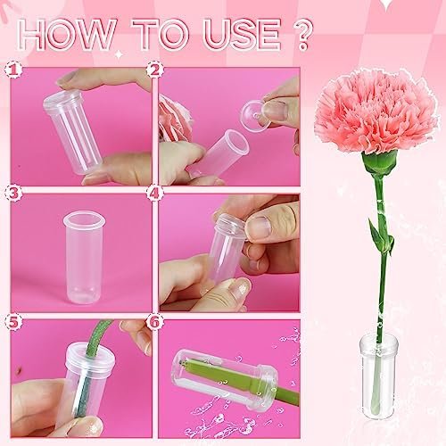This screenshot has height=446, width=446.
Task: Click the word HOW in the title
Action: point(66,34)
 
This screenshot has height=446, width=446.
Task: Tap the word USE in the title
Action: point(242,34)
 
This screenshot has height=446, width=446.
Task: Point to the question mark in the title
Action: point(302,34)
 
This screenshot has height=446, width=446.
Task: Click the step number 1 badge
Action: point(13,70)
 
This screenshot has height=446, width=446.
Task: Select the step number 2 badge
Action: point(155,70)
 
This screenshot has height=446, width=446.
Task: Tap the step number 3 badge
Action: point(13,194)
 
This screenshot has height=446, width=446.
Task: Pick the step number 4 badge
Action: point(155,194)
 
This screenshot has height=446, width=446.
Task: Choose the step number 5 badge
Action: point(13,322)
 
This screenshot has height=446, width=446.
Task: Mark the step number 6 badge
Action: point(155,322)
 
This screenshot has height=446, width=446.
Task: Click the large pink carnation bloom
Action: point(376,111)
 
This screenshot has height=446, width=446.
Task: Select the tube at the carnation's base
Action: point(378,376)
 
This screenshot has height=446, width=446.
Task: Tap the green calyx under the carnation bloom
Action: point(379,163)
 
